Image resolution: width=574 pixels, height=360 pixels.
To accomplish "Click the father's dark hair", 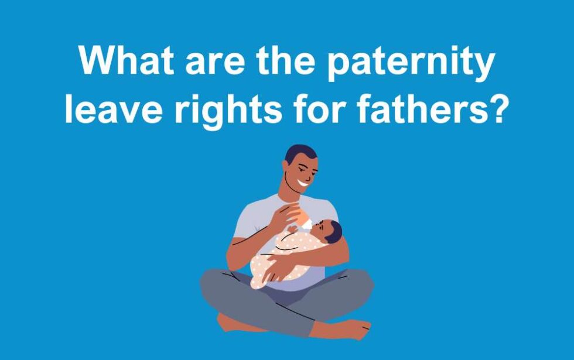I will tap(300, 153).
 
